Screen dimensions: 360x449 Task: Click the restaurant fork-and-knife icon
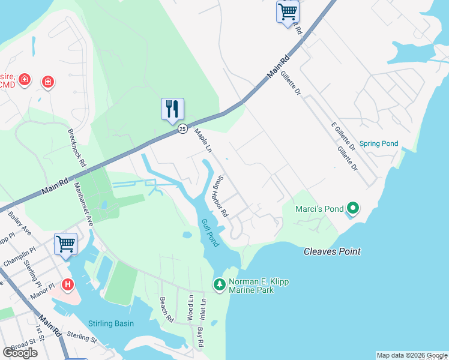[x=172, y=109]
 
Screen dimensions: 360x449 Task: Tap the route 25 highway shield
[x=181, y=130]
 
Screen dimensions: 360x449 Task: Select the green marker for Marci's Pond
[x=353, y=209]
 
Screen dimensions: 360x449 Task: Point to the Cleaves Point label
[x=332, y=251]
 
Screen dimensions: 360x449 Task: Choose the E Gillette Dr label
[x=344, y=136]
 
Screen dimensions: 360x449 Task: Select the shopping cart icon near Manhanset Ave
[x=65, y=244]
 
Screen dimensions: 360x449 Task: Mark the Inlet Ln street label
[x=203, y=310]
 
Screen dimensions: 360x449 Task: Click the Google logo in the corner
[x=20, y=352]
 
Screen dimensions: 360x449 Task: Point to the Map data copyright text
[x=411, y=355]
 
